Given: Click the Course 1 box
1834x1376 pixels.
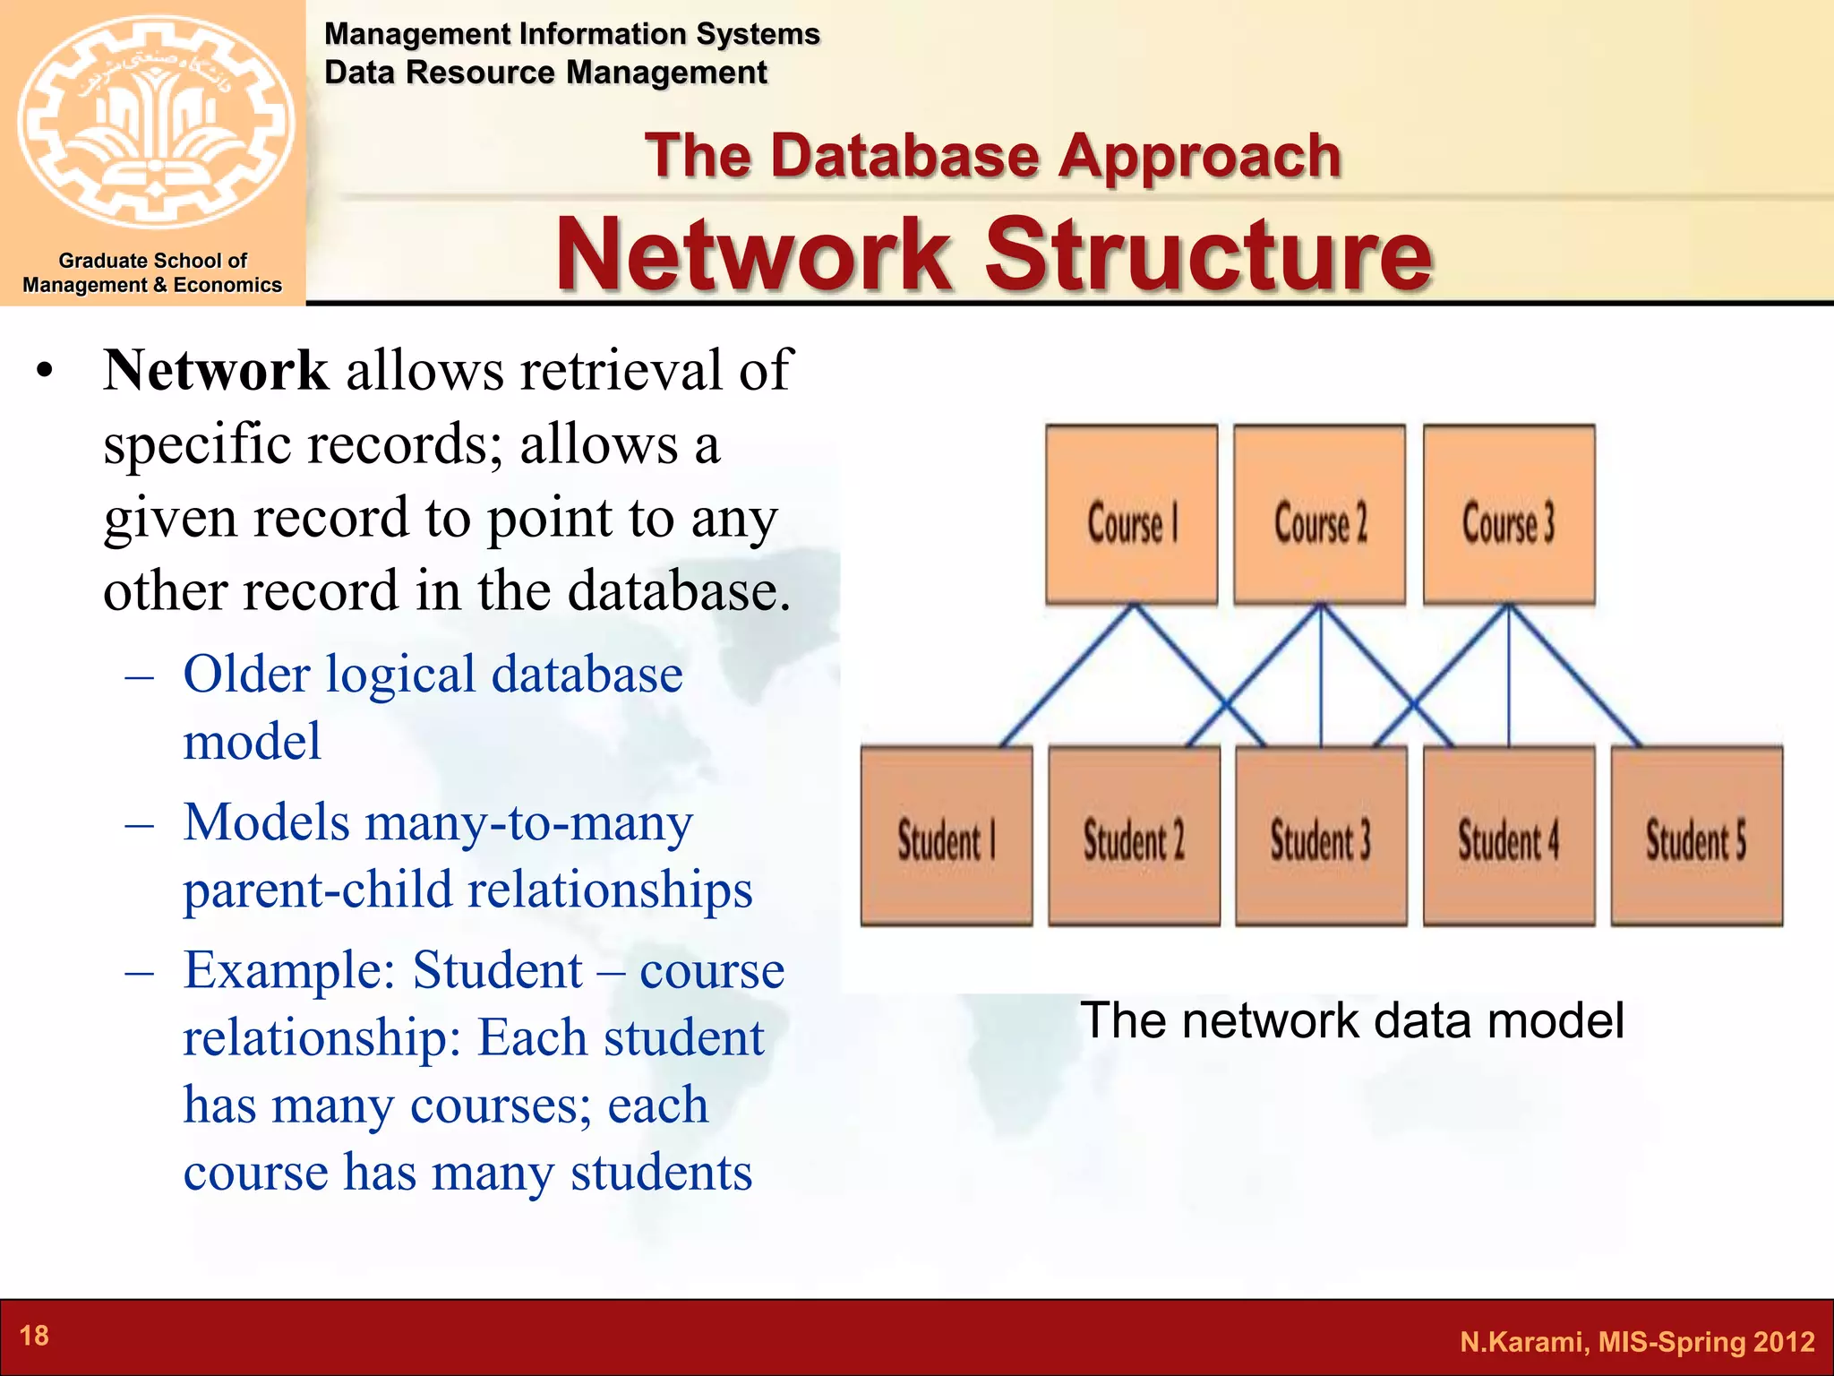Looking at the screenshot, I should pyautogui.click(x=1131, y=515).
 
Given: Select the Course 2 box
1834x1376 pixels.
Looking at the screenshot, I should pyautogui.click(x=1319, y=515).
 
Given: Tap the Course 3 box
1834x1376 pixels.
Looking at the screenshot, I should pyautogui.click(x=1509, y=515).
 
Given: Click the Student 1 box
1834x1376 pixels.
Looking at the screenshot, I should pyautogui.click(x=947, y=836).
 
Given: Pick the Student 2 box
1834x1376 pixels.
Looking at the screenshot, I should pyautogui.click(x=1134, y=836).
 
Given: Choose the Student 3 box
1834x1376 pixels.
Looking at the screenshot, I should pyautogui.click(x=1321, y=836).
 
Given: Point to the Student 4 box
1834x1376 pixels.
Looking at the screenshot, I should pyautogui.click(x=1509, y=836).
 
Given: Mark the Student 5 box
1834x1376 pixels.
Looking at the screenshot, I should pyautogui.click(x=1696, y=836).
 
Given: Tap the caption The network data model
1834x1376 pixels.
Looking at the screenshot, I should pyautogui.click(x=1351, y=1020).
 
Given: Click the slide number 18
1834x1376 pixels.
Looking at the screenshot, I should pyautogui.click(x=34, y=1336).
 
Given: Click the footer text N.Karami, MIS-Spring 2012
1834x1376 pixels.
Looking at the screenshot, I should pyautogui.click(x=1636, y=1341).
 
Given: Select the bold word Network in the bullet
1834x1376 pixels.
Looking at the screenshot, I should pyautogui.click(x=216, y=370).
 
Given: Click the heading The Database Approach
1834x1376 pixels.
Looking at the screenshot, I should pyautogui.click(x=992, y=156).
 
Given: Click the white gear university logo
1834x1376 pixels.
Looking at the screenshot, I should pyautogui.click(x=155, y=121).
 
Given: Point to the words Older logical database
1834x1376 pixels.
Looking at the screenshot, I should pyautogui.click(x=433, y=674).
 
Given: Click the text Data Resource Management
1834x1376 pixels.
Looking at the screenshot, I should pyautogui.click(x=545, y=73).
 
